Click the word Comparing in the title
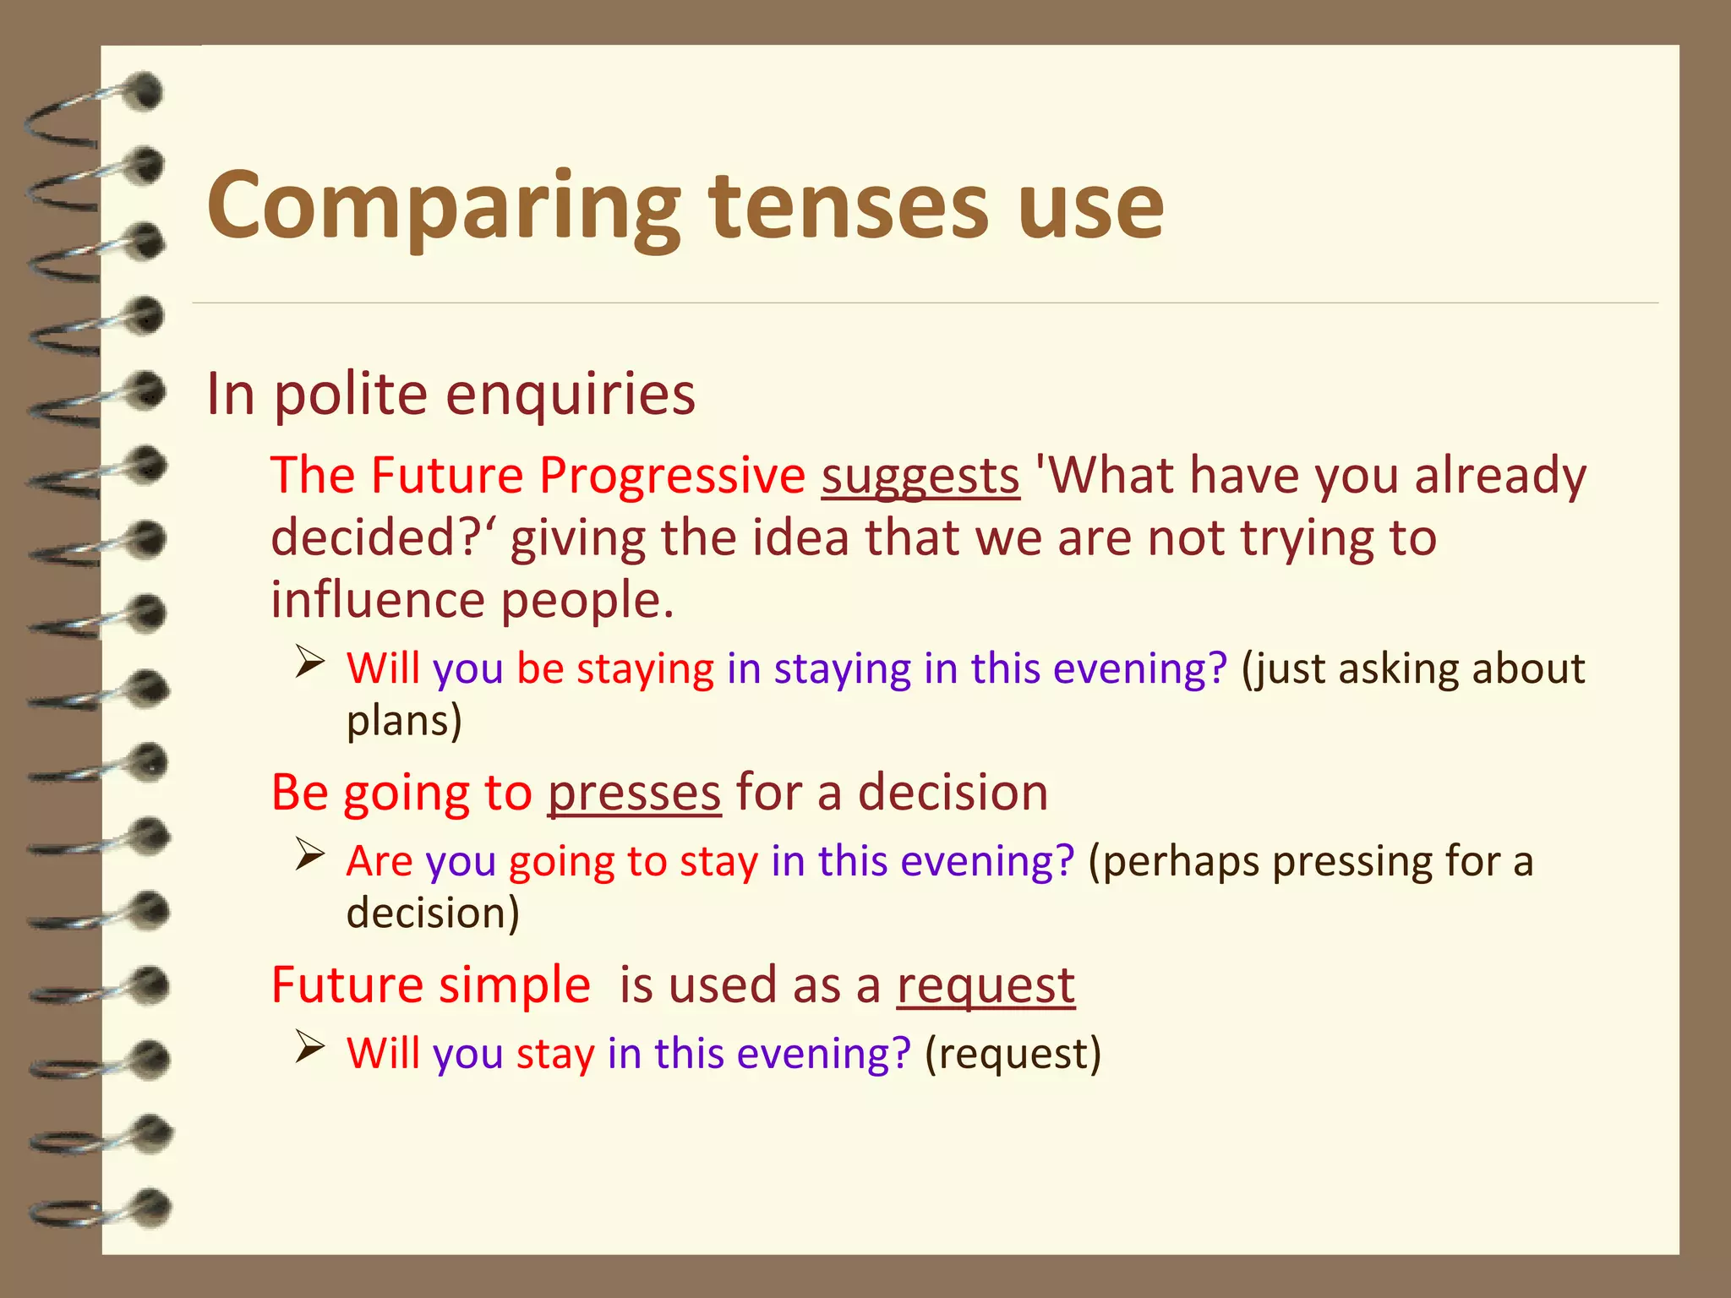[443, 207]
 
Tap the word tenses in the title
[849, 207]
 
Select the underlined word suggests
[920, 476]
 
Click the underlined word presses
[634, 794]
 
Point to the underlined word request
[986, 985]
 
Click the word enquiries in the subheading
[571, 395]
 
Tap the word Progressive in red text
[673, 476]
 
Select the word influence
[378, 600]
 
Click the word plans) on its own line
[404, 721]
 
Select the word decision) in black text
[433, 914]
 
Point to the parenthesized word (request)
[1013, 1054]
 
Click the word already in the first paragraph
[1500, 476]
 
